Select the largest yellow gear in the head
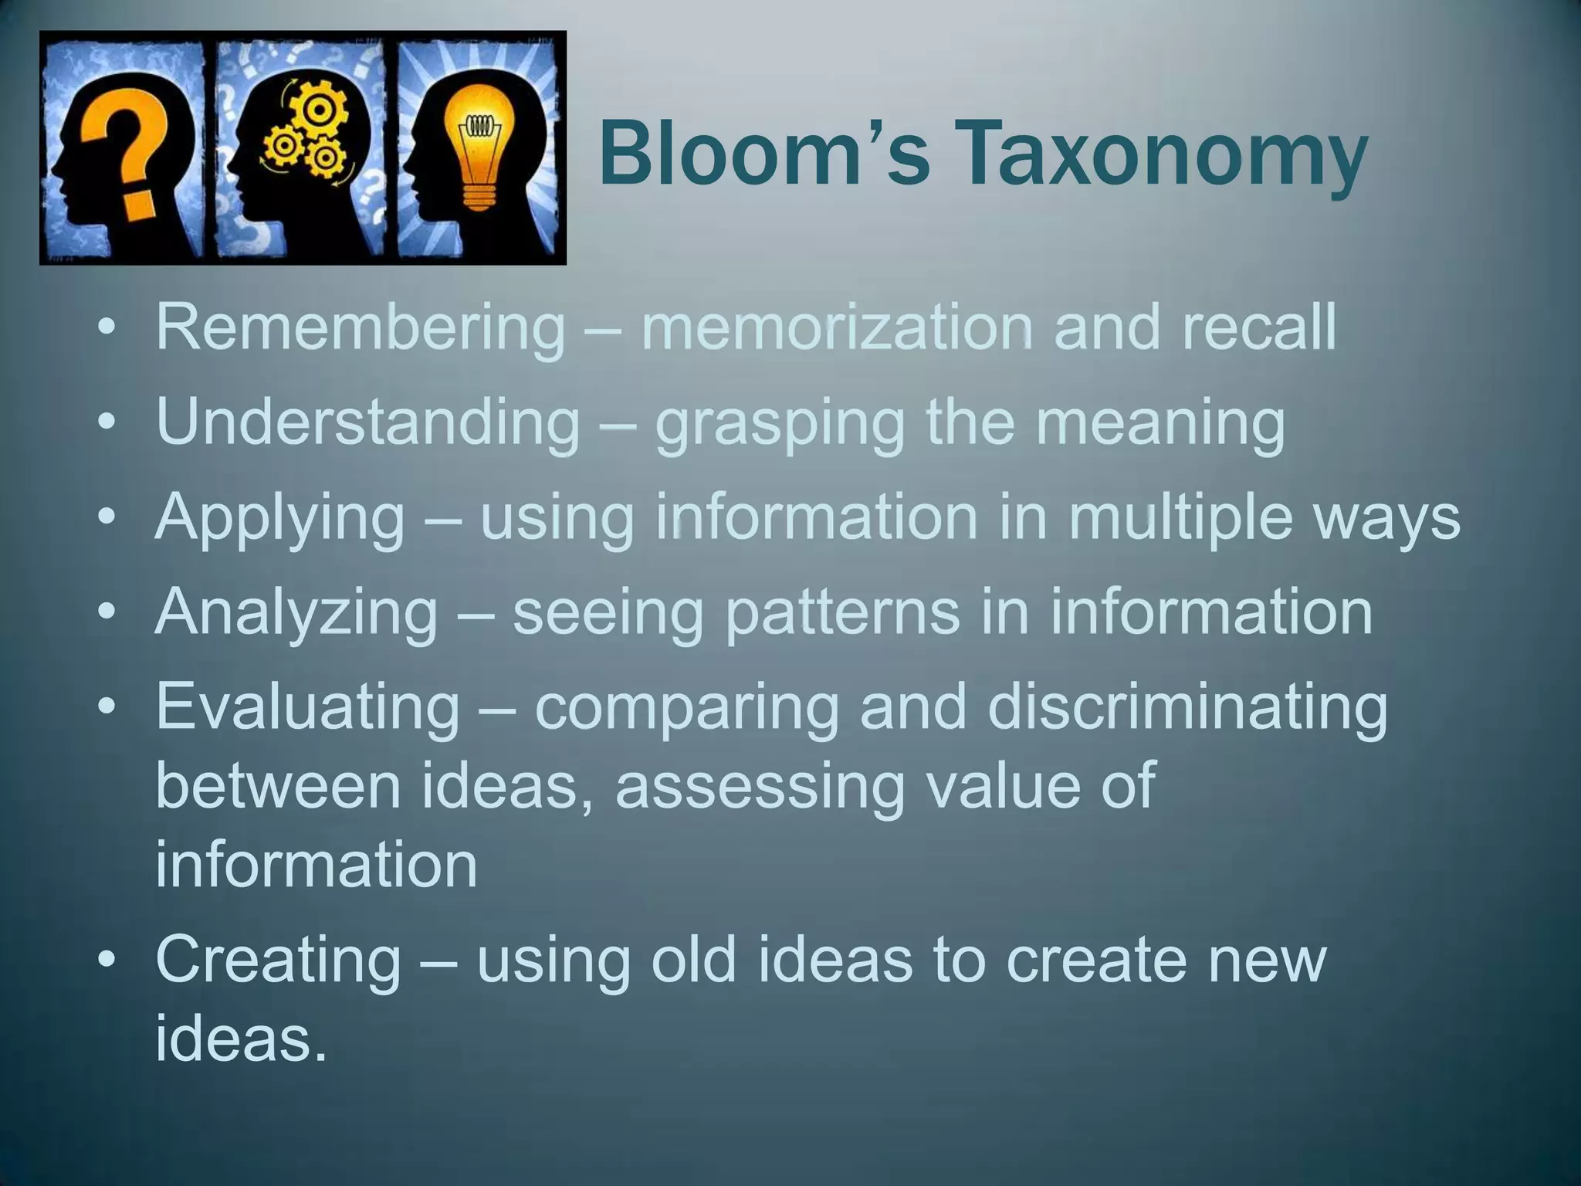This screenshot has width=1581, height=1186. point(316,108)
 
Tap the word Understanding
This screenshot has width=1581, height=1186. point(367,423)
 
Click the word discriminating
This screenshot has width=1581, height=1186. point(1187,707)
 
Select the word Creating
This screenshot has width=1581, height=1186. point(279,961)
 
